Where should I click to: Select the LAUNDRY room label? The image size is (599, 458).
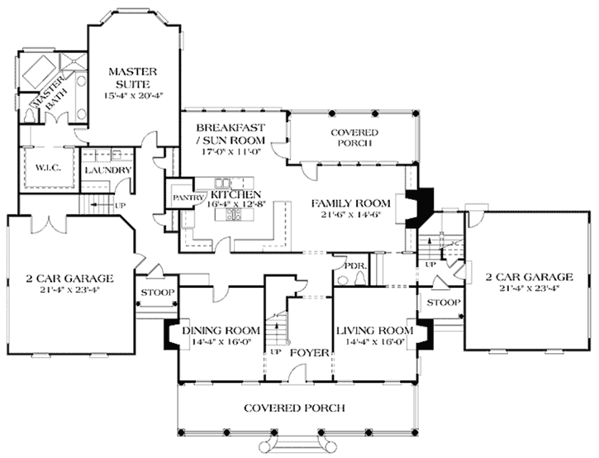[x=107, y=170]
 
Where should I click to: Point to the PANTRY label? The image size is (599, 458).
[x=182, y=198]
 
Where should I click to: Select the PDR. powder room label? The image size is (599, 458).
[x=354, y=266]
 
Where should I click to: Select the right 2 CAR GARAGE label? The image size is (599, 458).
[x=529, y=277]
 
